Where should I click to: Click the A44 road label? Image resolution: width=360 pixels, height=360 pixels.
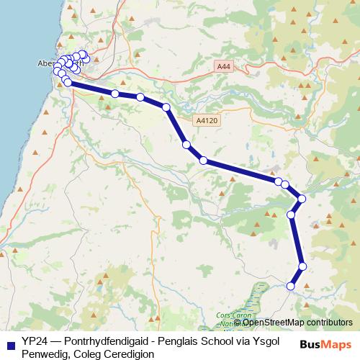click(x=223, y=66)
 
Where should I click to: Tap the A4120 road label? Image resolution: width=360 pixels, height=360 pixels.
click(x=204, y=122)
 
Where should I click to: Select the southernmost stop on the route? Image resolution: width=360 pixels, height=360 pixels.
click(x=291, y=287)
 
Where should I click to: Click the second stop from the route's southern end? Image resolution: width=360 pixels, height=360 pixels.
click(x=302, y=266)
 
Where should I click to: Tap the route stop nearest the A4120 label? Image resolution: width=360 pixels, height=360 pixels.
click(x=186, y=145)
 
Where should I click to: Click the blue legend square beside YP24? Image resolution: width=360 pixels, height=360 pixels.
click(x=10, y=340)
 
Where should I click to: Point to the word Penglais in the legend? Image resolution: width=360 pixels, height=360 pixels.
click(x=183, y=340)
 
